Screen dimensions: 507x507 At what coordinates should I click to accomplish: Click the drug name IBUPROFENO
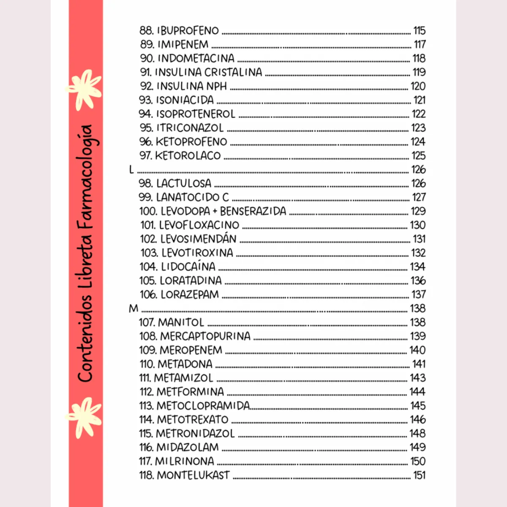188,30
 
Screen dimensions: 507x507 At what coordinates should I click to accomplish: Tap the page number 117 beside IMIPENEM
420,44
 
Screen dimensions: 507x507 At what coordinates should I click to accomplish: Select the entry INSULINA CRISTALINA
208,72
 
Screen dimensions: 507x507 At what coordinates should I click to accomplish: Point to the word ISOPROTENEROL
196,114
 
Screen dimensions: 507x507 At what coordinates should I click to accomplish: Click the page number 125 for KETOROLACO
419,155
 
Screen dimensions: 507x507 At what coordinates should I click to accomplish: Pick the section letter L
131,169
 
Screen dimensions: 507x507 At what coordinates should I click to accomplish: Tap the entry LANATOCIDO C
192,197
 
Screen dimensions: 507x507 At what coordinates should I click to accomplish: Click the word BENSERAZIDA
253,211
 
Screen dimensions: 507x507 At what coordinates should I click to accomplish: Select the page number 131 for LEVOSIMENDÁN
419,239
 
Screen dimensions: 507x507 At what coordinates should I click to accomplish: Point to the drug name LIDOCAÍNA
188,267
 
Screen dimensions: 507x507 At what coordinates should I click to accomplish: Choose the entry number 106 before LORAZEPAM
148,294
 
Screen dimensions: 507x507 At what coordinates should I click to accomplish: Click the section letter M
134,308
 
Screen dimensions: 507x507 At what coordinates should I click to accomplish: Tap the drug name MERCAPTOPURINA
205,336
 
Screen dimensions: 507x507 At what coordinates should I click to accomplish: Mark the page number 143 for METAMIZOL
417,378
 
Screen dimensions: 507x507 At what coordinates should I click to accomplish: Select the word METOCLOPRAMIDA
203,406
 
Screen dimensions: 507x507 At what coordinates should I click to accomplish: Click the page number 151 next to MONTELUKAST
419,475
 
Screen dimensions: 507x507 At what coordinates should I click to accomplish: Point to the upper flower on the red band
85,89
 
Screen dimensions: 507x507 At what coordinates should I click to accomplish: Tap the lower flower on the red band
85,416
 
